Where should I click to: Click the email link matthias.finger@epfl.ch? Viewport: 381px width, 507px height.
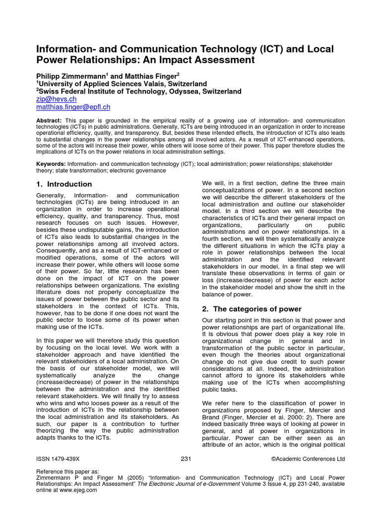point(73,106)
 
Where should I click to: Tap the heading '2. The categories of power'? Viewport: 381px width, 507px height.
point(252,309)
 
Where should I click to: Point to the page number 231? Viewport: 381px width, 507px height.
point(186,459)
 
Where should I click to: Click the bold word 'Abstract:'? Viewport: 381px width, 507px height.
point(49,121)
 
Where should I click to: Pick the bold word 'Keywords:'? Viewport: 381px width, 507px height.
point(52,163)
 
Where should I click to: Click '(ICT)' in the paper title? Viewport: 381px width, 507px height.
point(271,50)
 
